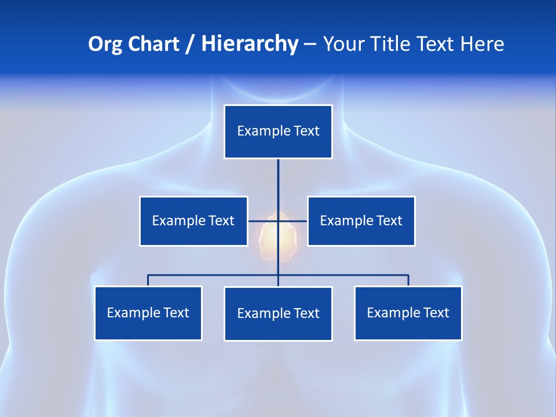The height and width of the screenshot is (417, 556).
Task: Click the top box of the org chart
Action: [x=278, y=131]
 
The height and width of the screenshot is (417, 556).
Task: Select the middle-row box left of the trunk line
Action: [x=193, y=221]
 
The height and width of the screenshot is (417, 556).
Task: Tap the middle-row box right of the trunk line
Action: [x=361, y=221]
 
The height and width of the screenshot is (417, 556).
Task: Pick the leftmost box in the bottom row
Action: [x=148, y=313]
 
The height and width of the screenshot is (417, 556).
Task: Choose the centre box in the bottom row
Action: [x=278, y=313]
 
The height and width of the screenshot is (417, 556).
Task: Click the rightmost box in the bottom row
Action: [x=408, y=313]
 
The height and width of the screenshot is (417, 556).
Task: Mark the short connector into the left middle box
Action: [x=257, y=221]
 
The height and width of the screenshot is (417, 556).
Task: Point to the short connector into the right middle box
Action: [x=298, y=221]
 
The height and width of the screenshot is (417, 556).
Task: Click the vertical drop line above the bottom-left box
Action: [x=148, y=280]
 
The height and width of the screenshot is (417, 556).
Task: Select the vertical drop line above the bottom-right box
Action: [x=408, y=280]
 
